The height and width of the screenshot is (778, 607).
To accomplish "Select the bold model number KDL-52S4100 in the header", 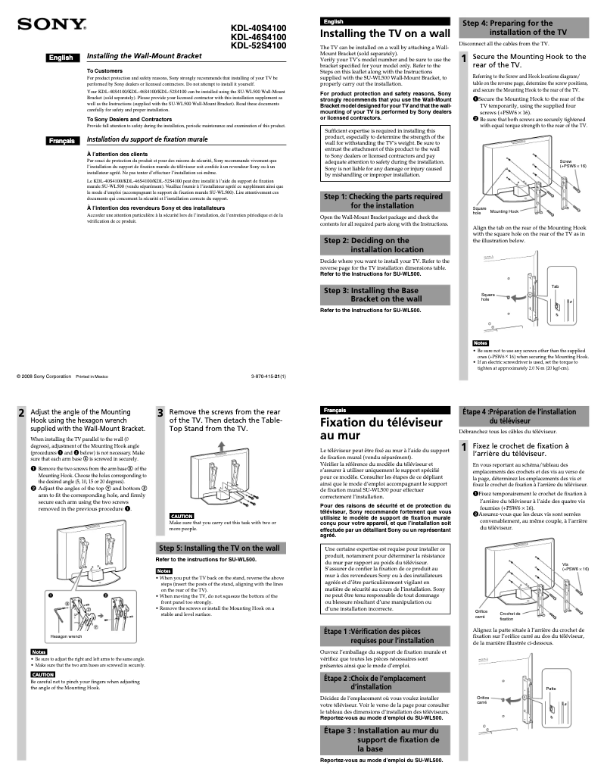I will coord(258,45).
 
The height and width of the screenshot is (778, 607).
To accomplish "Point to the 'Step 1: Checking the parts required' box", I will coord(383,201).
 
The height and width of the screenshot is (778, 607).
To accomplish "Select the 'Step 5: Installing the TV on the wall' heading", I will coord(219,548).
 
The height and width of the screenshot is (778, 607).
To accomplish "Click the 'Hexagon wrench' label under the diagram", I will coord(67,636).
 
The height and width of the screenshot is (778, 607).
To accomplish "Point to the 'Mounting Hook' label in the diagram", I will coord(504,211).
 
